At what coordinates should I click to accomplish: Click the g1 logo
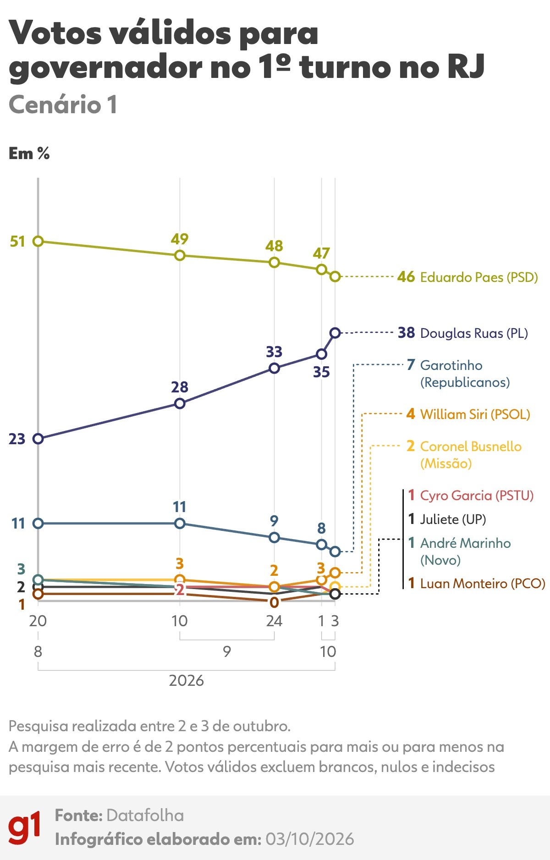pyautogui.click(x=24, y=828)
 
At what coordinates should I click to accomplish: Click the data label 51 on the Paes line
pyautogui.click(x=17, y=241)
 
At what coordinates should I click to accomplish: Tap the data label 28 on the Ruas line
pyautogui.click(x=180, y=387)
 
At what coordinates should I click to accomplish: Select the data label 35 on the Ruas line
pyautogui.click(x=321, y=372)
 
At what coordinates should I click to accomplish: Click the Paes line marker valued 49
pyautogui.click(x=180, y=255)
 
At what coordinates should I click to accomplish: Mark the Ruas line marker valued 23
pyautogui.click(x=38, y=439)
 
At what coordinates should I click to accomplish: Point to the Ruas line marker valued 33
pyautogui.click(x=274, y=368)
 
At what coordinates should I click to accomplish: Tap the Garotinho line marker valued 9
pyautogui.click(x=274, y=537)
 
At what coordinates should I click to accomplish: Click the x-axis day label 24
pyautogui.click(x=274, y=621)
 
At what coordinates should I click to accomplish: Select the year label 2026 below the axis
pyautogui.click(x=186, y=681)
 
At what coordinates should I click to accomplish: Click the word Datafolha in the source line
pyautogui.click(x=145, y=816)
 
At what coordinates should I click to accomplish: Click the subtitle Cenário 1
pyautogui.click(x=63, y=105)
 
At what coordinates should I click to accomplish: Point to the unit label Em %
pyautogui.click(x=29, y=154)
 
